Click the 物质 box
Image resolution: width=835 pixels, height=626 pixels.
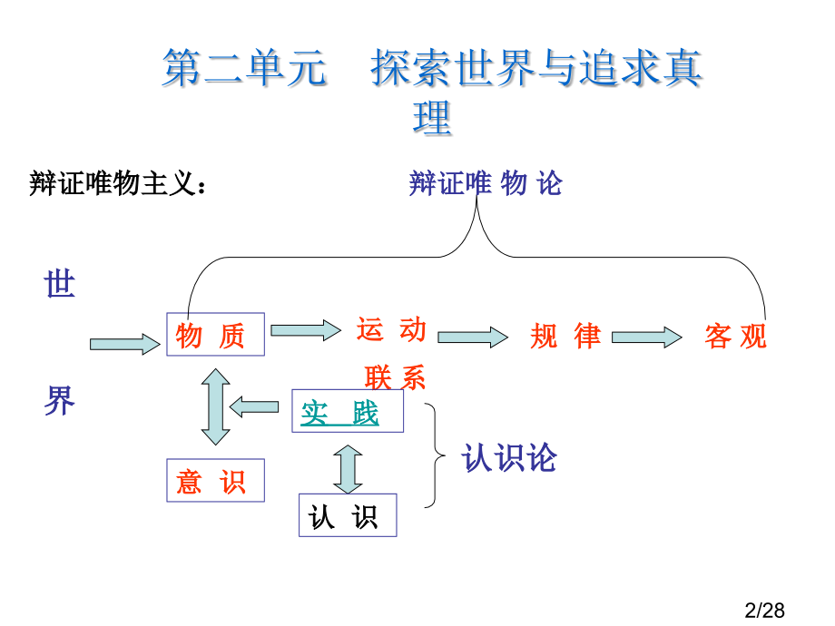[x=214, y=335]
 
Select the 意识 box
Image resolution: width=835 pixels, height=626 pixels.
[x=214, y=481]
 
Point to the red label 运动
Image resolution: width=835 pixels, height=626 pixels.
[x=391, y=329]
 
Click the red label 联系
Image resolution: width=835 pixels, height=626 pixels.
[x=395, y=377]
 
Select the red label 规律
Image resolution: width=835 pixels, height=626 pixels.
[x=565, y=337]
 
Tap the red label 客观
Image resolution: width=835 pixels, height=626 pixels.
[x=735, y=337]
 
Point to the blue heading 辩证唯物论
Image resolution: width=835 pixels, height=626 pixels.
[x=486, y=184]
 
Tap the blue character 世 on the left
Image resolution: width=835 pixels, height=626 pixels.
[x=60, y=286]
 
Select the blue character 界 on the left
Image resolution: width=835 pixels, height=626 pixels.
[x=60, y=400]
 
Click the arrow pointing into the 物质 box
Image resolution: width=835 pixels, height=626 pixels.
[x=124, y=344]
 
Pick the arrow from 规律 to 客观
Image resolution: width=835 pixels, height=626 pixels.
[x=646, y=337]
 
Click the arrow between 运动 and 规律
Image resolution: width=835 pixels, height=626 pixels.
[x=473, y=337]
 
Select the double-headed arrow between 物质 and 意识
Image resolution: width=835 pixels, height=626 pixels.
[x=215, y=406]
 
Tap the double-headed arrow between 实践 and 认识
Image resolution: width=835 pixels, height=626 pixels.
[x=348, y=468]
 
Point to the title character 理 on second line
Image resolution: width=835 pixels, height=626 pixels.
[x=432, y=118]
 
